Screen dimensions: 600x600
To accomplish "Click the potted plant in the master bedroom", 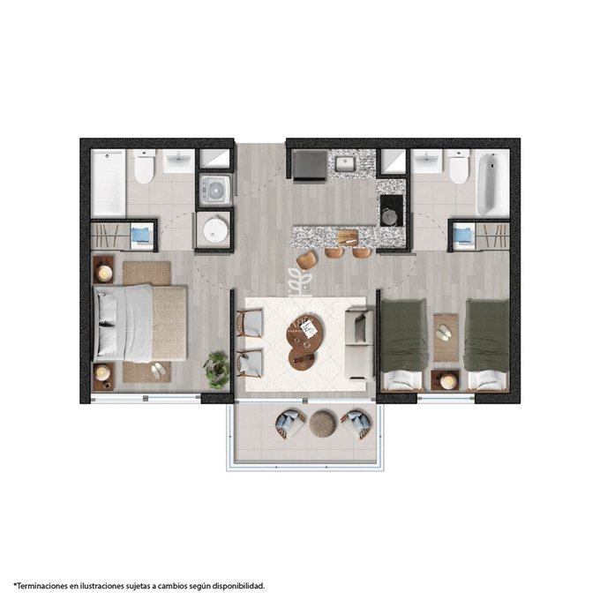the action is coord(216,369).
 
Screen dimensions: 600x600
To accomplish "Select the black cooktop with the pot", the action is coord(392,211).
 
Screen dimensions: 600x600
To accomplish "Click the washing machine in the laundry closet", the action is coord(215,189).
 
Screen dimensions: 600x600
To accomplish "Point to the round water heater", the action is coord(215,229).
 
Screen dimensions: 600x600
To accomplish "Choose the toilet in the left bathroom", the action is coord(144,166).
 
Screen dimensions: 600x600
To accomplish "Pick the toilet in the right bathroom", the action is coord(459,166).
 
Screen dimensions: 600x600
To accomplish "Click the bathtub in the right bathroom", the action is coord(492,183).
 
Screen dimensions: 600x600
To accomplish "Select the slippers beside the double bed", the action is coord(159,371).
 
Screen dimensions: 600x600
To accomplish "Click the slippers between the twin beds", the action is coord(444,332).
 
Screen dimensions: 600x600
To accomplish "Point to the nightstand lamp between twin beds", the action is coord(447,381).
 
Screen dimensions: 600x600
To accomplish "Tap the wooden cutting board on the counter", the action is coord(348,236).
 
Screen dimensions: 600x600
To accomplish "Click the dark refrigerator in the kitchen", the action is coord(310,166).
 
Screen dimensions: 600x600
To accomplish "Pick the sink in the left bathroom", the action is coord(178,161).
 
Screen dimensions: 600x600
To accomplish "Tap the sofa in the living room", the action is coord(359,344).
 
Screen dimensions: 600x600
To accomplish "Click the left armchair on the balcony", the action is coord(290,424).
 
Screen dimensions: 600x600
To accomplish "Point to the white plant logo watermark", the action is coord(300,282).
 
